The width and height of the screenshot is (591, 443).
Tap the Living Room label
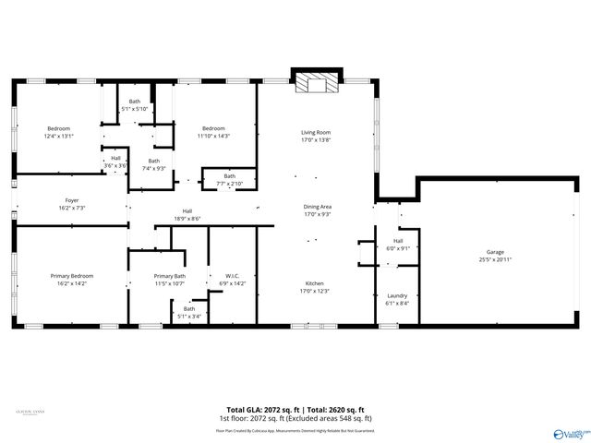click(316, 132)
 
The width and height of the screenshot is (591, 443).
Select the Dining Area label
click(316, 207)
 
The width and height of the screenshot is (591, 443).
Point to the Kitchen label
click(316, 283)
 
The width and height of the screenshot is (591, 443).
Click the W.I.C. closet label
click(233, 275)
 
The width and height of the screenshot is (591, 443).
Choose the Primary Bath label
click(170, 276)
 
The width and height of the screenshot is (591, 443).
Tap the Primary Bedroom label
click(72, 275)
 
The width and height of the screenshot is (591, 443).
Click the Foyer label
click(71, 200)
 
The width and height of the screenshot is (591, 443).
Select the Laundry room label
click(397, 295)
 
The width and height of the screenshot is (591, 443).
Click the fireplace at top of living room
click(316, 84)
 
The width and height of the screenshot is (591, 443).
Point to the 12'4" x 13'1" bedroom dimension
click(59, 136)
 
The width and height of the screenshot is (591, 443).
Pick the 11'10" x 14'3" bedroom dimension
click(214, 136)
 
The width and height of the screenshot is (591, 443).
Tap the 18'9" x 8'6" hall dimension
click(187, 219)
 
